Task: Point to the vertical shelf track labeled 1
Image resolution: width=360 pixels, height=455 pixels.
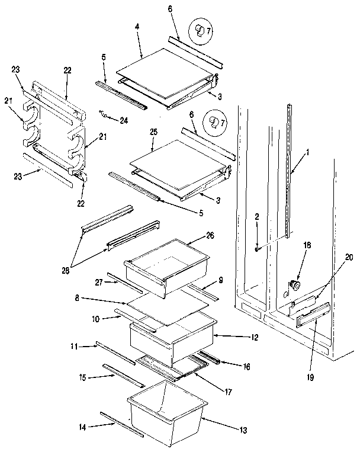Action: click(289, 172)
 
